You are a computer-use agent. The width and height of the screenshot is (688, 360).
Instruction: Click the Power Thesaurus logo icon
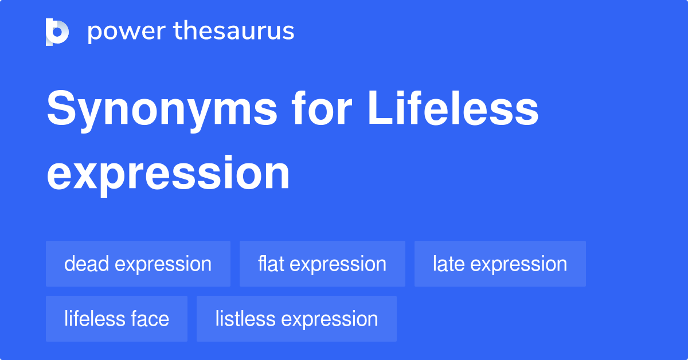(57, 32)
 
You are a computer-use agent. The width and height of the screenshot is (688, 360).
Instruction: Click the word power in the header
(127, 32)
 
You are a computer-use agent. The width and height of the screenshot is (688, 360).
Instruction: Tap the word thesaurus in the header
(234, 30)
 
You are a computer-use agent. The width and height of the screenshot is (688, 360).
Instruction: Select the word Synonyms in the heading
(162, 111)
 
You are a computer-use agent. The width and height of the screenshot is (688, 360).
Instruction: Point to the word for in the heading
(322, 108)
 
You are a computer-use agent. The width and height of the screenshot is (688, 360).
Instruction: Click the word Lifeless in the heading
(453, 108)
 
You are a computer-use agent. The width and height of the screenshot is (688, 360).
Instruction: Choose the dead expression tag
(138, 264)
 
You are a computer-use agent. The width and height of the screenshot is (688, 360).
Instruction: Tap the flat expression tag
(322, 264)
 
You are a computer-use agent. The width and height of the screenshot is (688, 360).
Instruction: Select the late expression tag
(500, 264)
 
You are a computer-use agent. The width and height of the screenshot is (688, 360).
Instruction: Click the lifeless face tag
(117, 319)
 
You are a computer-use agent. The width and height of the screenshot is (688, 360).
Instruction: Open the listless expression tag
(297, 319)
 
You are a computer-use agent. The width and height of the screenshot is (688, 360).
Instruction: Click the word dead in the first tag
(87, 264)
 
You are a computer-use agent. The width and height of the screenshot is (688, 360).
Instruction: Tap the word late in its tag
(449, 264)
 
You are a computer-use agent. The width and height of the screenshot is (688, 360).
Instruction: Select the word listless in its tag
(245, 319)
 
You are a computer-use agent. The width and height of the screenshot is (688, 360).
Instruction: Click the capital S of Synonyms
(61, 108)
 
